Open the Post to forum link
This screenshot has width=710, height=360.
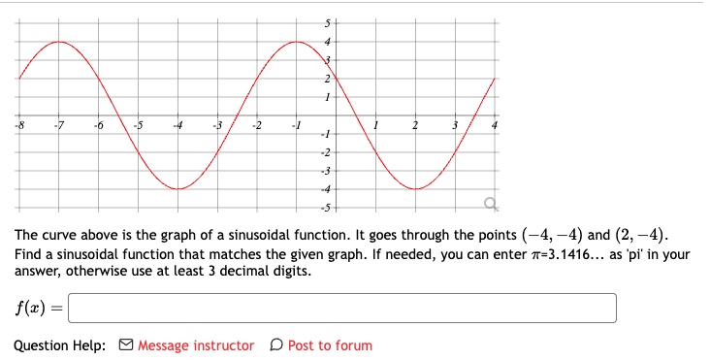[329, 345]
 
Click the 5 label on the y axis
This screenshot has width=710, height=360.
[327, 22]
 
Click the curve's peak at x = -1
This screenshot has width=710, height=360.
[297, 42]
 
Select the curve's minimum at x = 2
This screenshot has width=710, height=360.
[415, 188]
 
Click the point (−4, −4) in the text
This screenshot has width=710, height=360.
[553, 236]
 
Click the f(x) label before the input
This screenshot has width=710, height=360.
[36, 308]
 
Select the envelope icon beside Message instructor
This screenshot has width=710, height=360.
[126, 345]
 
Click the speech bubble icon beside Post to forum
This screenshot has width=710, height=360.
[277, 345]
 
